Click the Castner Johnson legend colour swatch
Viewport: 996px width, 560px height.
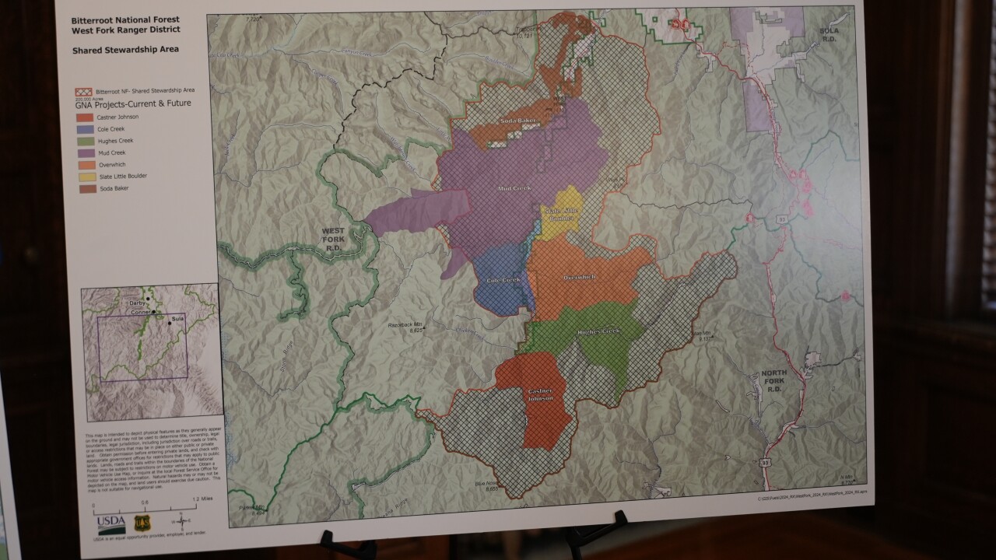[x=83, y=117]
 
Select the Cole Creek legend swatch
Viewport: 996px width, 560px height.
[x=83, y=129]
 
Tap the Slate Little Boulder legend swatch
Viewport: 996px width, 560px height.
[x=83, y=176]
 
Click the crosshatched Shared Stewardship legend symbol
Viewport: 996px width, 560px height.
[x=82, y=92]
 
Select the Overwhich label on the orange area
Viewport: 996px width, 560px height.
[x=580, y=278]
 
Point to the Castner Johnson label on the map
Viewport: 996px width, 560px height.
[x=540, y=394]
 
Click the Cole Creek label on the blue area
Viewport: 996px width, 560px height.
[x=503, y=280]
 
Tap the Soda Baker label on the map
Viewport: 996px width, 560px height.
[x=517, y=121]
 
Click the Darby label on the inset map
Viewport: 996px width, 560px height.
[x=139, y=303]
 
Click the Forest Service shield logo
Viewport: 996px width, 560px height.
[x=142, y=523]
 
